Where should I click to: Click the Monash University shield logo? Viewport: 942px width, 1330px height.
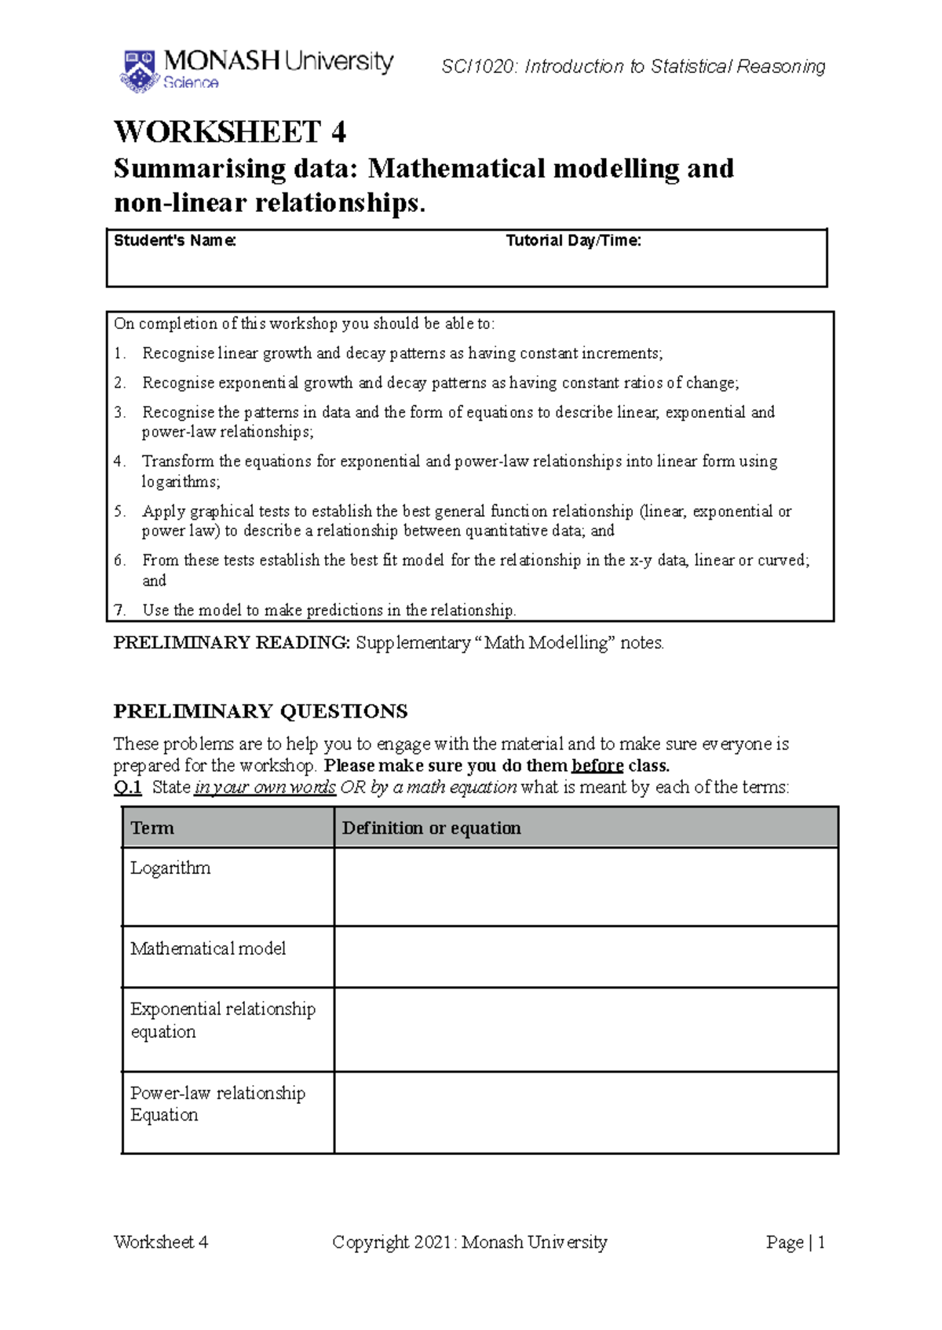coord(140,71)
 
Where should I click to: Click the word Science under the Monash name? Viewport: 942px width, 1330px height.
coord(191,82)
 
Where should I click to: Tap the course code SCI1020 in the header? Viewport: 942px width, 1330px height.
coord(478,67)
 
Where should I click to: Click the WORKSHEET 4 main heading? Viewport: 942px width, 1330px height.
coord(230,131)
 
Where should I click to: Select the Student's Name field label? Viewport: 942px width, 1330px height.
coord(174,240)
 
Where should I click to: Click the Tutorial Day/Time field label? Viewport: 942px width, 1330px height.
coord(573,240)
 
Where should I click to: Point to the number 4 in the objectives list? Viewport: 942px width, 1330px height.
coord(119,461)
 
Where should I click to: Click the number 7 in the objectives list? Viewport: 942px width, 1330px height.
coord(119,610)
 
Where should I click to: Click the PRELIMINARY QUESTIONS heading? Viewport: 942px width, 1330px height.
coord(260,711)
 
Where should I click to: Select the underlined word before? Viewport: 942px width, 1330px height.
coord(597,765)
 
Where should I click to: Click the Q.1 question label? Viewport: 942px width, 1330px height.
coord(127,787)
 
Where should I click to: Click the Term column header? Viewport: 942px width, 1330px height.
coord(152,828)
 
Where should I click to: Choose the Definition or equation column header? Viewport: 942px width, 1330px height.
coord(431,828)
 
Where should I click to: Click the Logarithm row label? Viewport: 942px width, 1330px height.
coord(170,868)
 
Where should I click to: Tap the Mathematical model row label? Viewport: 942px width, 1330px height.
coord(208,948)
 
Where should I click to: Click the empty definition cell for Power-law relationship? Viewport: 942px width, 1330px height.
coord(586,1112)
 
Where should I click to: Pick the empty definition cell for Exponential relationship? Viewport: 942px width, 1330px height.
coord(586,1029)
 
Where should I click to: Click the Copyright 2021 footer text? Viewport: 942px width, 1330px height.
coord(469,1242)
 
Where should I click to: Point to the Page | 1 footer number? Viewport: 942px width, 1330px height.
coord(795,1242)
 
